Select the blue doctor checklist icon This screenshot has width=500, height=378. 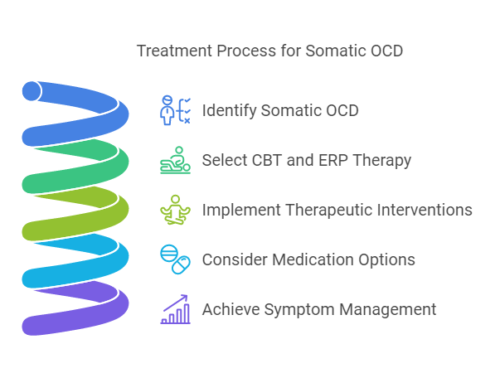[x=175, y=110]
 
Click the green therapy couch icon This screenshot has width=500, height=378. [x=175, y=161]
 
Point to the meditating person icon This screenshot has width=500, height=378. [x=175, y=210]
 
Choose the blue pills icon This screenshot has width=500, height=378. [x=175, y=259]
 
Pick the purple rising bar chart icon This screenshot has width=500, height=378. [x=175, y=309]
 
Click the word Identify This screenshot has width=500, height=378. [x=229, y=110]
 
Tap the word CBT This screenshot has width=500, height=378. [x=266, y=160]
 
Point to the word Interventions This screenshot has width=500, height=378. [x=421, y=210]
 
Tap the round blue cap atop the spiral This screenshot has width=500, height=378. [x=32, y=90]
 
